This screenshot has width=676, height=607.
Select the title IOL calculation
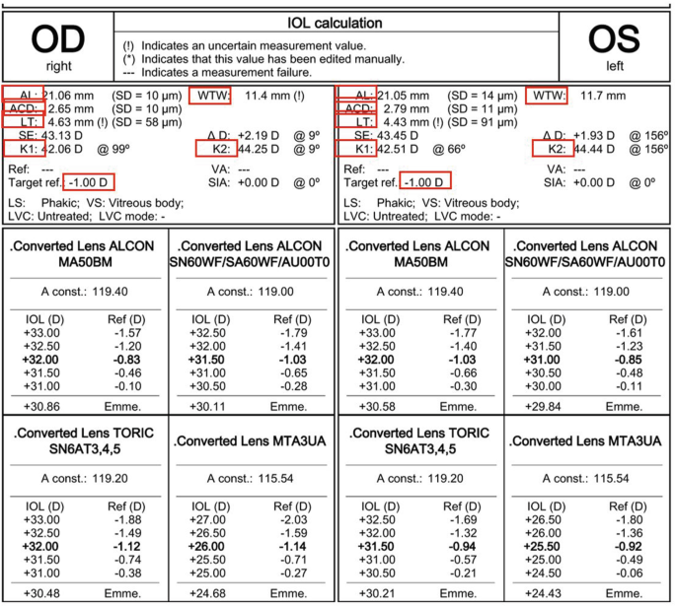(336, 22)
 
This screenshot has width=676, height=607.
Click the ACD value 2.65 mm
(71, 107)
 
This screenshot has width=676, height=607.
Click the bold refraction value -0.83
(127, 362)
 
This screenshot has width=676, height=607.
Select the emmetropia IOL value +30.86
(44, 406)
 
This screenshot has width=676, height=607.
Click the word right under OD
(57, 65)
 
